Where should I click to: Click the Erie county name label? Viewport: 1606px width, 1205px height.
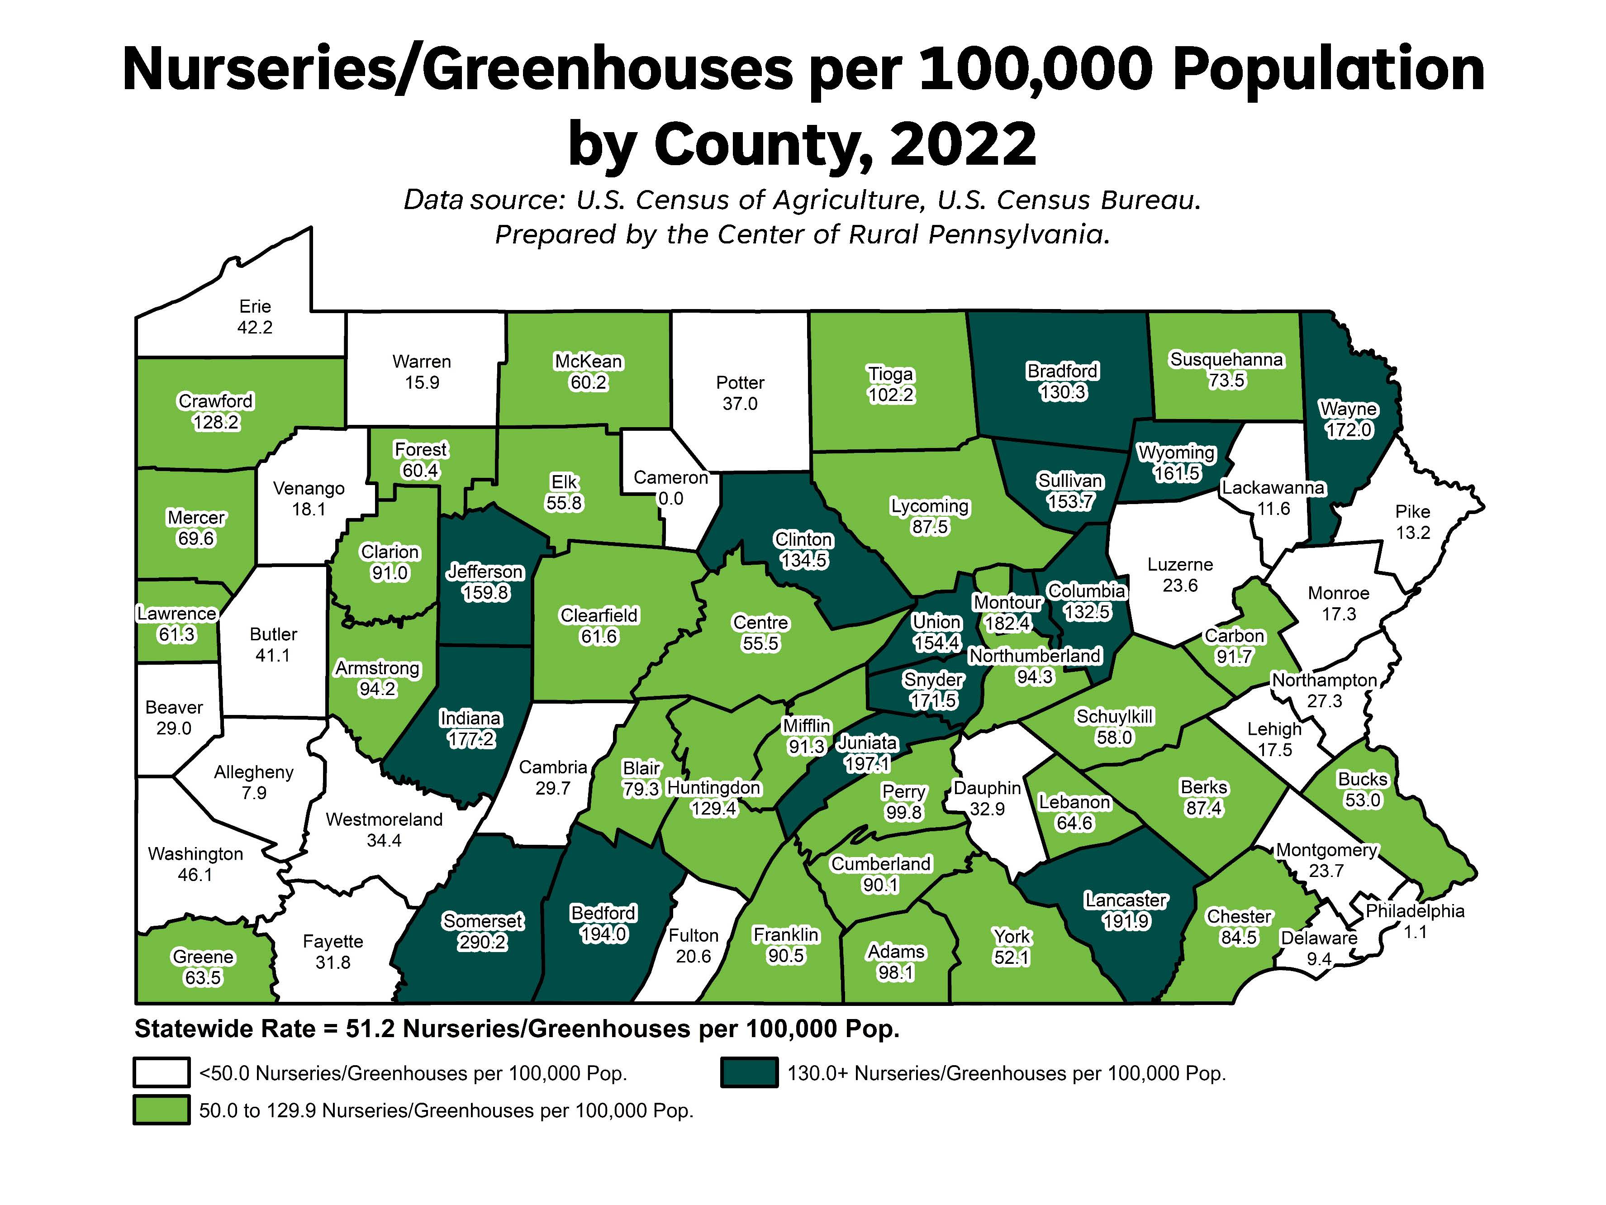coord(255,306)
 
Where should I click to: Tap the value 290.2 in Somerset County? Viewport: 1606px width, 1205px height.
coord(482,942)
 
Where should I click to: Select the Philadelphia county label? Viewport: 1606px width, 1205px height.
coord(1415,911)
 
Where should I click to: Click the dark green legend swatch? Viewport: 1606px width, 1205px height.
coord(749,1073)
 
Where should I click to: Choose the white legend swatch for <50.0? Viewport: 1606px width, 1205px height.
coord(161,1073)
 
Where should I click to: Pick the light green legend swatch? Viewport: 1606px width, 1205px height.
coord(161,1110)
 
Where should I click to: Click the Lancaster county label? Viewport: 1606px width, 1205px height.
coord(1126,900)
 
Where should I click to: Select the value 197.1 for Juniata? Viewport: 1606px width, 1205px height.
coord(867,764)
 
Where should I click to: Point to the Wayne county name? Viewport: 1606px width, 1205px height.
coord(1348,409)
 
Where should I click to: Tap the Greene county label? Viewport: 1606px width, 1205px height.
coord(203,957)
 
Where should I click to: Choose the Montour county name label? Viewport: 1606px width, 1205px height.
coord(1007,602)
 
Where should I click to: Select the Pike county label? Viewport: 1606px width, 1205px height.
coord(1412,511)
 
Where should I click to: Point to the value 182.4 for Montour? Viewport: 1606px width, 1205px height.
coord(1007,623)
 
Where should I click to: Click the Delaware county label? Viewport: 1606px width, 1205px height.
coord(1318,938)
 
